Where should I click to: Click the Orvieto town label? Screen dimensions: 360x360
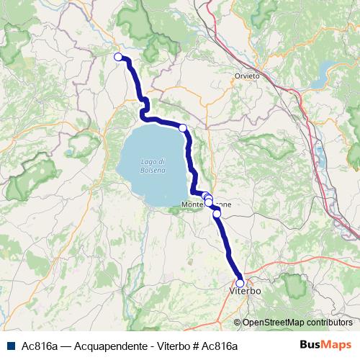coord(247,76)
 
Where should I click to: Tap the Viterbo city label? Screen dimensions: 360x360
coord(244,291)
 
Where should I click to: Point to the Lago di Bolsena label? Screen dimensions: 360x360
coord(154,166)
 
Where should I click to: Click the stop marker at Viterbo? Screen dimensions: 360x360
coord(240,283)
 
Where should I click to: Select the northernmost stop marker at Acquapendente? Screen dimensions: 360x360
coord(118,56)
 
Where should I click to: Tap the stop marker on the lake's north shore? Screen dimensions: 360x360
coord(183,128)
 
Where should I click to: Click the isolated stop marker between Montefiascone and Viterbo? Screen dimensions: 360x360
coord(217,213)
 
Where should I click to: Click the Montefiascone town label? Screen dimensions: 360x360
coord(206,205)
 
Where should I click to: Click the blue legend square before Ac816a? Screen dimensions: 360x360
coord(9,346)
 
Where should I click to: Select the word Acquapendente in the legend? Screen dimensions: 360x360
coord(100,346)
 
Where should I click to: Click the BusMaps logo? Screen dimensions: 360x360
coord(325,346)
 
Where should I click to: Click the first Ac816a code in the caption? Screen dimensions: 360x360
coord(40,346)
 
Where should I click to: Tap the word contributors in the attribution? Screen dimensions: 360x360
coord(328,323)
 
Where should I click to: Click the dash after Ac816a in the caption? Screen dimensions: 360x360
coord(64,346)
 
